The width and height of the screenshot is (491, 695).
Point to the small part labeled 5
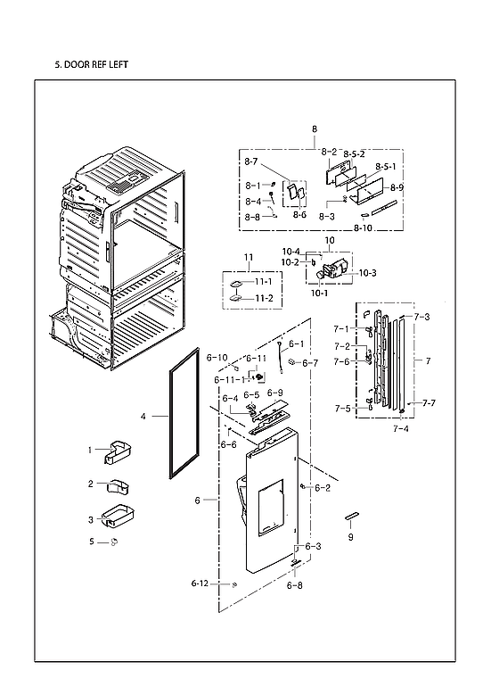point(114,542)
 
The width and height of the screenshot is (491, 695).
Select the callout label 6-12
point(199,583)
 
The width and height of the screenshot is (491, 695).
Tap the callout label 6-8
point(295,586)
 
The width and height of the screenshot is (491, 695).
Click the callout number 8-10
point(363,228)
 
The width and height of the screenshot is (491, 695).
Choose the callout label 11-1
point(263,282)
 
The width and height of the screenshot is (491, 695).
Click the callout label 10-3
point(367,272)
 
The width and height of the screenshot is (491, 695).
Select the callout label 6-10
point(217,358)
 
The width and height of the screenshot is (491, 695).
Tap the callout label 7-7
point(430,403)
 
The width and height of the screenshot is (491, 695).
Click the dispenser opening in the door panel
point(269,507)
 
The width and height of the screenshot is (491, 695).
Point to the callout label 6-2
point(323,488)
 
